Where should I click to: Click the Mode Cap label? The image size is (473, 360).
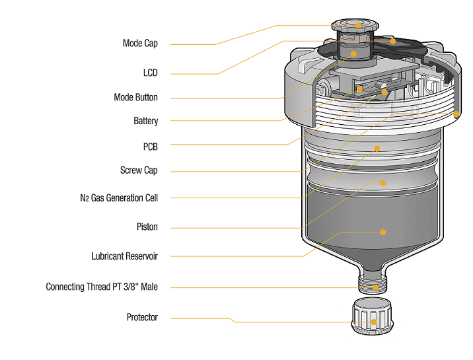click(140, 44)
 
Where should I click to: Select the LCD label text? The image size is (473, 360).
click(150, 73)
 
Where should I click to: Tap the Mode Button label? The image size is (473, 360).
click(135, 97)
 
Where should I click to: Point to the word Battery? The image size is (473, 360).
click(145, 121)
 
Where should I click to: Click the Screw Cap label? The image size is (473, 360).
click(139, 170)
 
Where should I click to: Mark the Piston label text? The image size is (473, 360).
click(147, 227)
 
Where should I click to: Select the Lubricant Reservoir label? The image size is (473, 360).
click(124, 256)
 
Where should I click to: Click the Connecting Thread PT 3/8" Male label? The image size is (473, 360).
click(102, 287)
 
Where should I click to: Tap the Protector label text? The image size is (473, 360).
click(142, 318)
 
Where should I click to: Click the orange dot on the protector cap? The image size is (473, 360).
click(374, 322)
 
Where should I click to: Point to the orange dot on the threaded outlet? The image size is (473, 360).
click(375, 287)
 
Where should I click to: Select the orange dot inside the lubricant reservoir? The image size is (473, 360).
click(382, 232)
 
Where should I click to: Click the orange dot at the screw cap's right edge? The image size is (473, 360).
click(456, 114)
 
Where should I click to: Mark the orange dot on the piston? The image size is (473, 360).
click(382, 182)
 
